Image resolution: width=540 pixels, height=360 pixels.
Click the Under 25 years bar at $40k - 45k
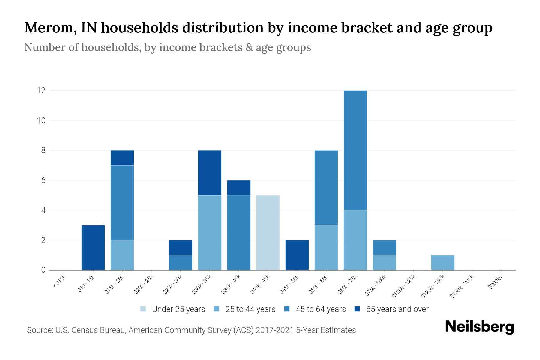[x=268, y=232]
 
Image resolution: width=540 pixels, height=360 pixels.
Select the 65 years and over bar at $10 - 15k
[x=93, y=247]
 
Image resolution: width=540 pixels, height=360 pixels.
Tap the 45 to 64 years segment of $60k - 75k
[x=355, y=150]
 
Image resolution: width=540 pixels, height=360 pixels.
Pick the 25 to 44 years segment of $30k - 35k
[x=210, y=232]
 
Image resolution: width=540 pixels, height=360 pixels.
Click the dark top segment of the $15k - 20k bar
[x=122, y=157]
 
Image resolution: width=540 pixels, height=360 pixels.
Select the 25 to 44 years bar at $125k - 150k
[x=442, y=262]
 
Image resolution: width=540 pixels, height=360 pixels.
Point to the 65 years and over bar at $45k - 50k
[x=297, y=255]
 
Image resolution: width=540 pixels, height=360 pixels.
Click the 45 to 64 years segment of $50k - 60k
[x=326, y=187]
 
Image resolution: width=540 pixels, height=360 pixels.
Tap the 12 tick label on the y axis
[x=41, y=90]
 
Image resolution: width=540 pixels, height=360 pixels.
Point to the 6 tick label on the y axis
[x=43, y=180]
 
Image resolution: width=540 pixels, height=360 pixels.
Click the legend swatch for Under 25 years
[x=143, y=309]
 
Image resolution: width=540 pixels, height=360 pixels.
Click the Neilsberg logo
[x=479, y=327]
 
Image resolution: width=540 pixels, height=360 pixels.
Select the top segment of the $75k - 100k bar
[x=384, y=247]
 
